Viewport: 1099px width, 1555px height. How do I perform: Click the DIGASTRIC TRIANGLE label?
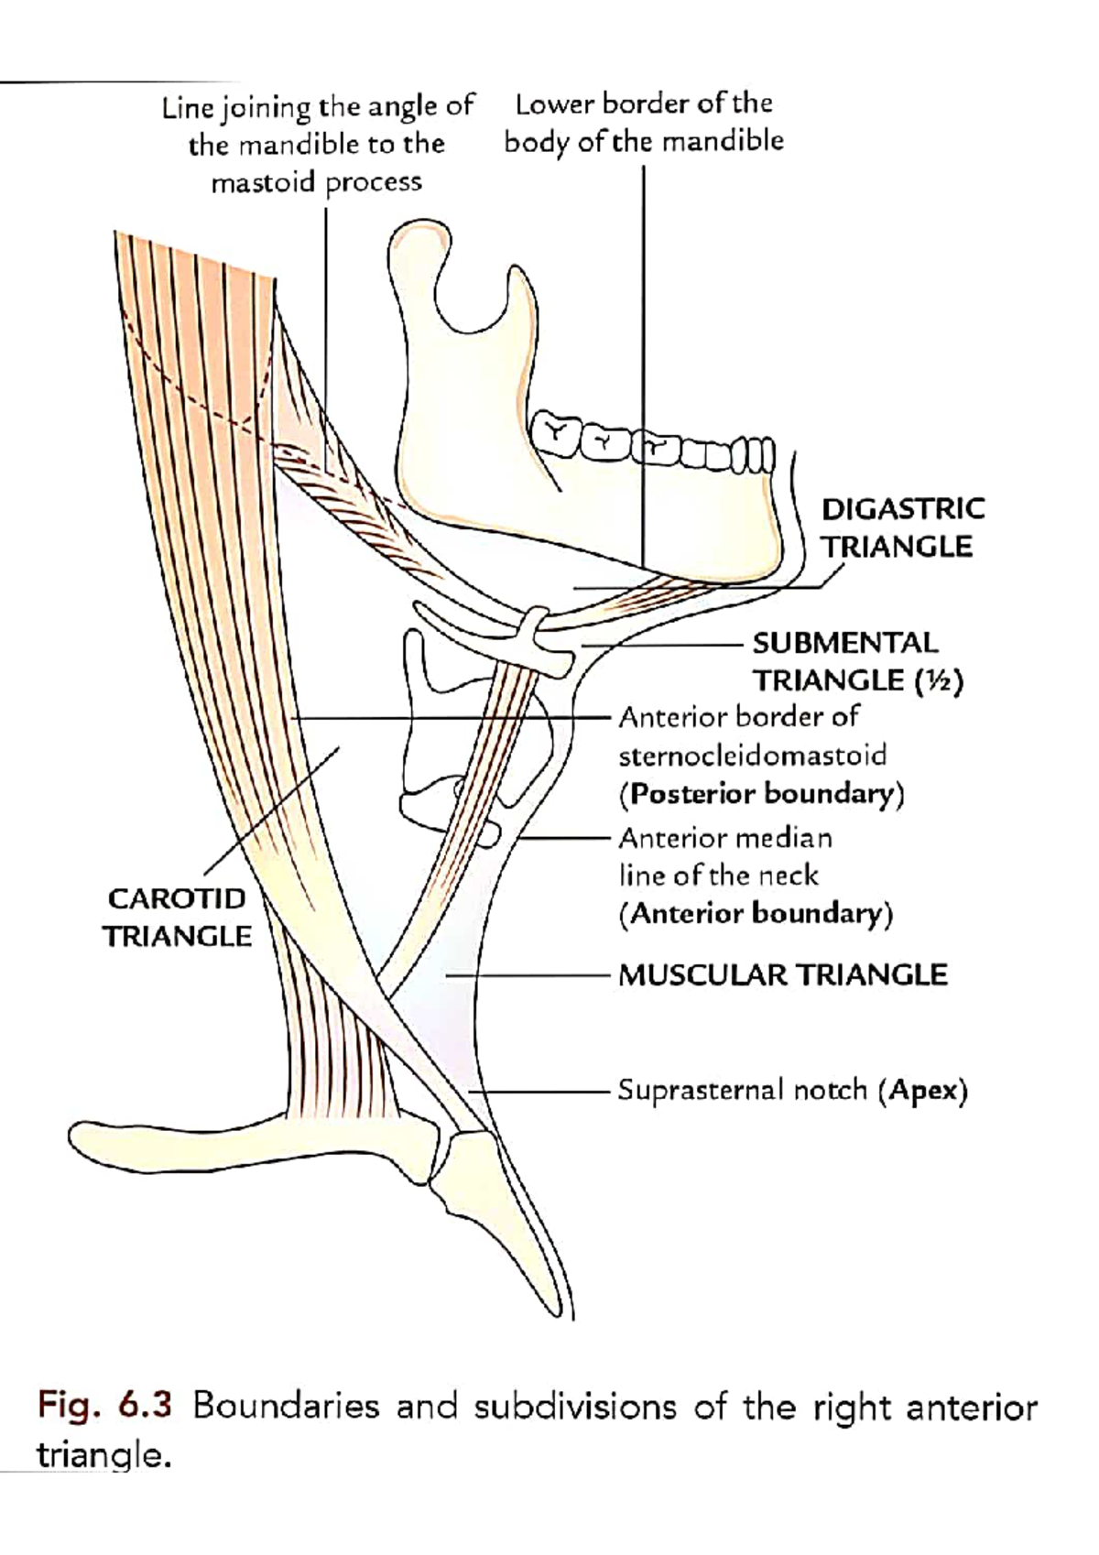[x=902, y=527]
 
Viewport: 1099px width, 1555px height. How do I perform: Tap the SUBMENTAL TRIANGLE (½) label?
[x=857, y=661]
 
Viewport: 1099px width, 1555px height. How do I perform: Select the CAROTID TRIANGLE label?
[x=177, y=917]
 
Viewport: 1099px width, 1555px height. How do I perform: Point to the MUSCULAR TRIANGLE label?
[x=783, y=974]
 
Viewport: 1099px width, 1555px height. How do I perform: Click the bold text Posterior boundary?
[x=762, y=793]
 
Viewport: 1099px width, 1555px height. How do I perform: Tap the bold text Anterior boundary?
[x=756, y=913]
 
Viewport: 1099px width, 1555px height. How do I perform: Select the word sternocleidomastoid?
[x=753, y=756]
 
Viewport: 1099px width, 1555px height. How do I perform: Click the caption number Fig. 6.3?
[x=104, y=1406]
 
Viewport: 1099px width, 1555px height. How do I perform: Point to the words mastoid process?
[x=317, y=183]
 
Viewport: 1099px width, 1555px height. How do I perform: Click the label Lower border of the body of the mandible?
[x=644, y=122]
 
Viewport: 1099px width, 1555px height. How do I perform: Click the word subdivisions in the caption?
[x=575, y=1406]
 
